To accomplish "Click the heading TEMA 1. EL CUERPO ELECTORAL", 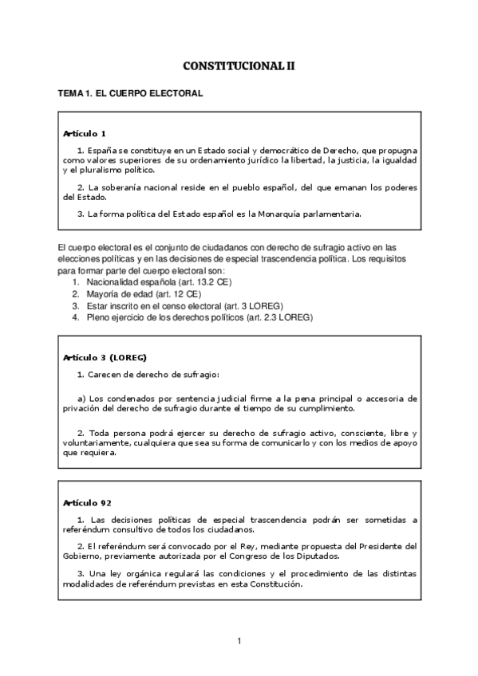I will pos(130,93).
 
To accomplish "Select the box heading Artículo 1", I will pos(85,133).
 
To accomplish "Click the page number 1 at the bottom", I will pos(239,640).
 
